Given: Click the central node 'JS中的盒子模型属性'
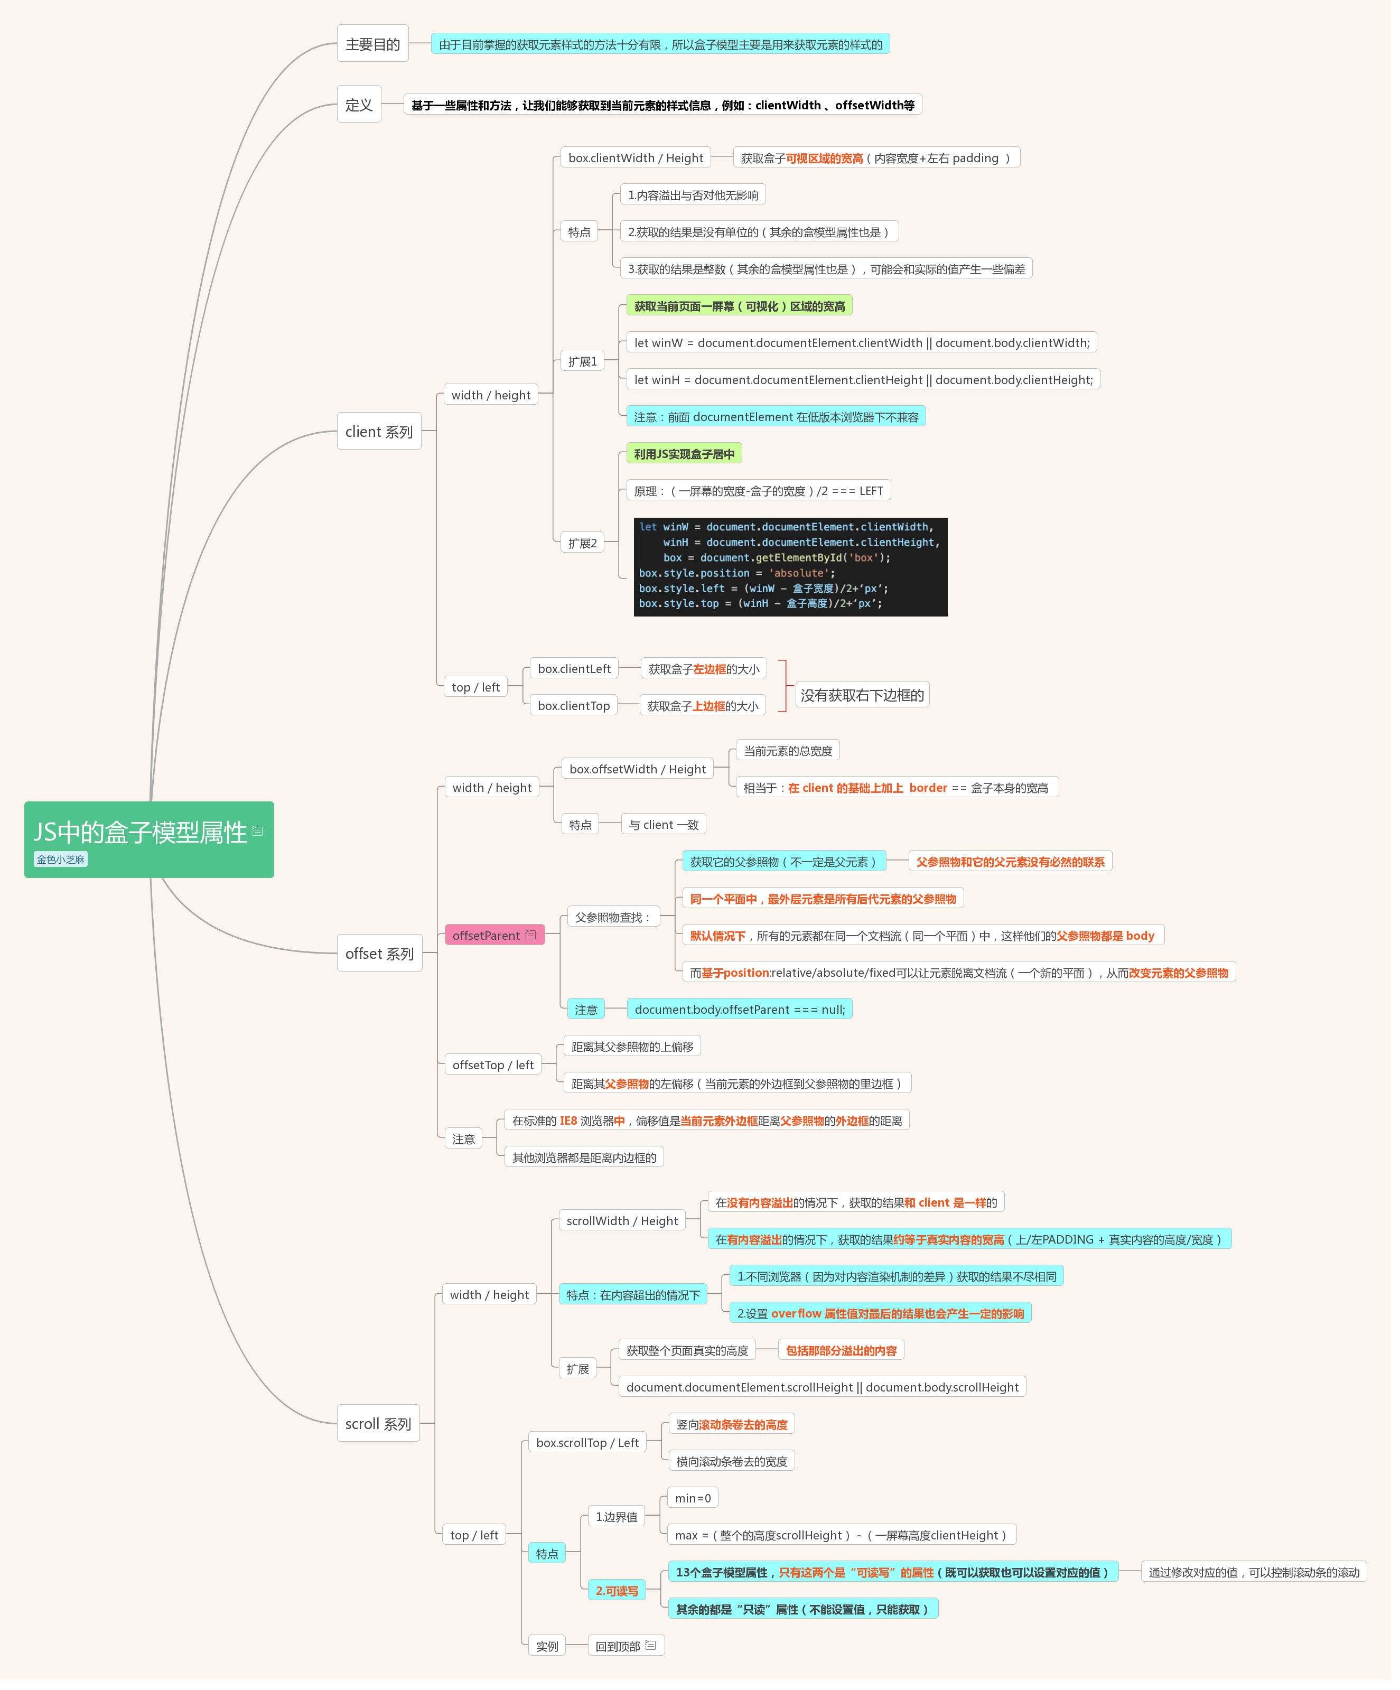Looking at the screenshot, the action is tap(149, 839).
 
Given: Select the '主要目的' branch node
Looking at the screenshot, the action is tap(372, 43).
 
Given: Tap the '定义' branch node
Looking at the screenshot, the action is tap(359, 105).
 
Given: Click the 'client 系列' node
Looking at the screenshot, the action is tap(379, 432).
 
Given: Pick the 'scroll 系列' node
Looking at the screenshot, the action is tap(378, 1424).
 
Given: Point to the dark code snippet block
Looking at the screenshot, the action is tap(791, 566).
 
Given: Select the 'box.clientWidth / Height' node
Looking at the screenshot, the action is tap(636, 158).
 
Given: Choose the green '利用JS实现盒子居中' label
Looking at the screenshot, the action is tap(684, 454).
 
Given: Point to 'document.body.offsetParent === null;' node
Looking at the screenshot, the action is tap(740, 1009).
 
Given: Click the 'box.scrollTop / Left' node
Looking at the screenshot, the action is tap(587, 1443).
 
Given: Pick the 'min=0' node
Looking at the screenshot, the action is tap(693, 1498).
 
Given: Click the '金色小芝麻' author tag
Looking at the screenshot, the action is tap(60, 860).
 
